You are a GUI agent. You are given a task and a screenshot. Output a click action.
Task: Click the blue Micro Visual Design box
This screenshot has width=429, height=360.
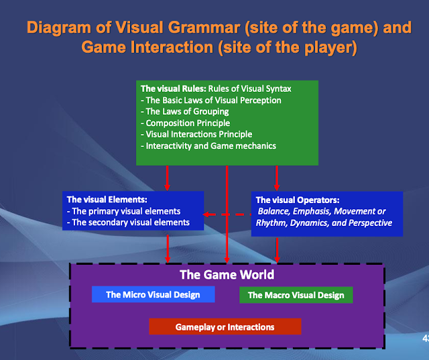[154, 294]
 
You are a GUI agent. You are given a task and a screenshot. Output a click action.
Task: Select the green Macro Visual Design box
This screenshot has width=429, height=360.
[296, 295]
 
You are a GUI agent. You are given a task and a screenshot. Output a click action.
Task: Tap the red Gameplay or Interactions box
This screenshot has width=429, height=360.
[225, 326]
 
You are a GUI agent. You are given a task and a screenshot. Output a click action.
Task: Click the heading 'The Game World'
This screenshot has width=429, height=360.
[227, 275]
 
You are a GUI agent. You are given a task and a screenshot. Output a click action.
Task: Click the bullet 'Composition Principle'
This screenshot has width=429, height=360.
[187, 123]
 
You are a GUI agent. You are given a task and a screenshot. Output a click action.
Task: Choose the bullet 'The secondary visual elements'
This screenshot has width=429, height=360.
[129, 222]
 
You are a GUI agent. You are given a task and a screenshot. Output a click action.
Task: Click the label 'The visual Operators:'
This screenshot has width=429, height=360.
[299, 200]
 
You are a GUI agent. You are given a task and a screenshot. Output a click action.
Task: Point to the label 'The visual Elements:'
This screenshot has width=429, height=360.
[107, 199]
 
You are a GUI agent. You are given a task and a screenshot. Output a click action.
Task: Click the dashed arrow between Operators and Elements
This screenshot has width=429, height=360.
[227, 215]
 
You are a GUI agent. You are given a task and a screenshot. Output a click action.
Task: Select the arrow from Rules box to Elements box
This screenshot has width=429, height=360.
[168, 177]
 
